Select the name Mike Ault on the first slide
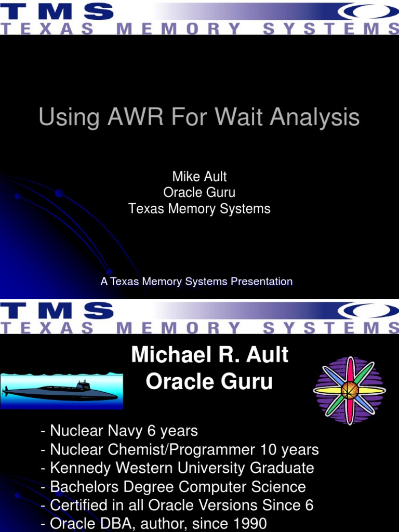tap(199, 176)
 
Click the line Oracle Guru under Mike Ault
tap(199, 192)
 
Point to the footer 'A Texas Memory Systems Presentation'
tap(196, 282)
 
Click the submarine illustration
tap(61, 391)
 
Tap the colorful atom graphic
tap(349, 390)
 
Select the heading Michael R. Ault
tap(209, 355)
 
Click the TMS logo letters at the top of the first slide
tap(57, 11)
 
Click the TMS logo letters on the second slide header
tap(57, 311)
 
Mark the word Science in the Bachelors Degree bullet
tap(280, 487)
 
